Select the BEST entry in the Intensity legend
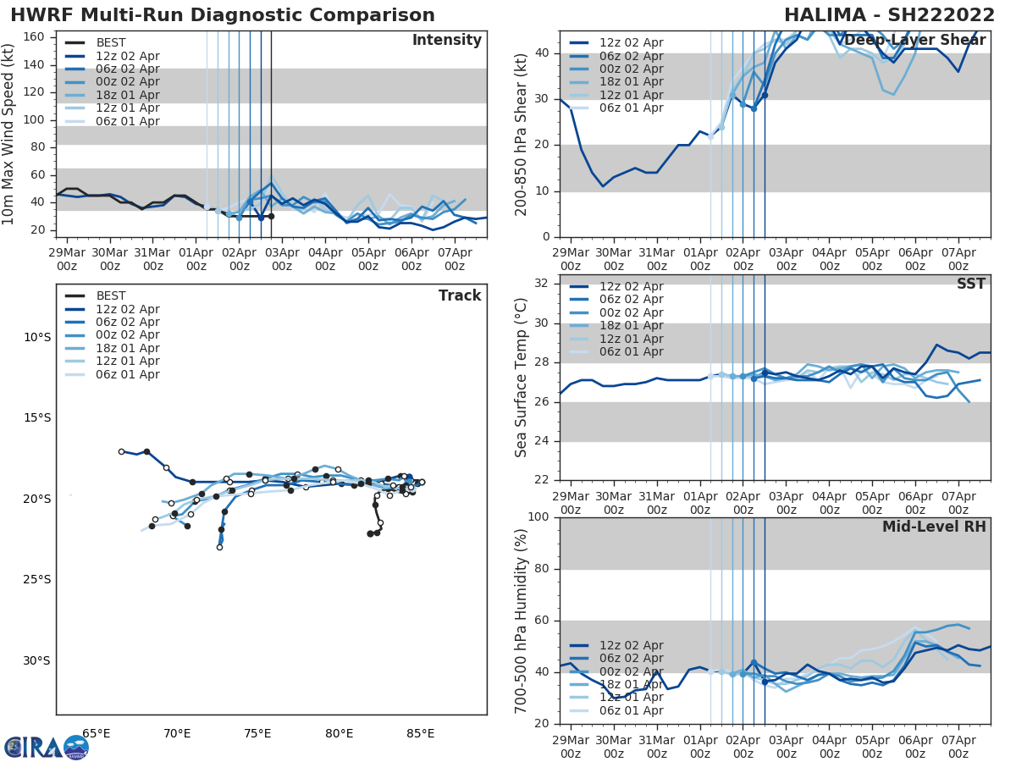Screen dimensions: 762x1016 coord(111,43)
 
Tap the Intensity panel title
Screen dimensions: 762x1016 coord(446,41)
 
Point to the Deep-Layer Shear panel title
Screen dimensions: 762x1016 coord(914,41)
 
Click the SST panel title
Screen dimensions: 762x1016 coord(971,284)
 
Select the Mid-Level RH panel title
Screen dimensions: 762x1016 coord(934,527)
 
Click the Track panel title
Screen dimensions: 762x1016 coord(460,295)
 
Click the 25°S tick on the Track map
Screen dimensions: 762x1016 coord(37,580)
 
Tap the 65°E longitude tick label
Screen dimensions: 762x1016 coord(97,733)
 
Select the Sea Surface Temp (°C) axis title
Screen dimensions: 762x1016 coord(522,378)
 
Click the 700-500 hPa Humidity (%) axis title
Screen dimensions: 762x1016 coord(522,620)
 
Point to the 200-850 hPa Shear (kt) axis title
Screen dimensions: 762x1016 coord(522,135)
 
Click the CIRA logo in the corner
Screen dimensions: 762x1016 coord(46,747)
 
